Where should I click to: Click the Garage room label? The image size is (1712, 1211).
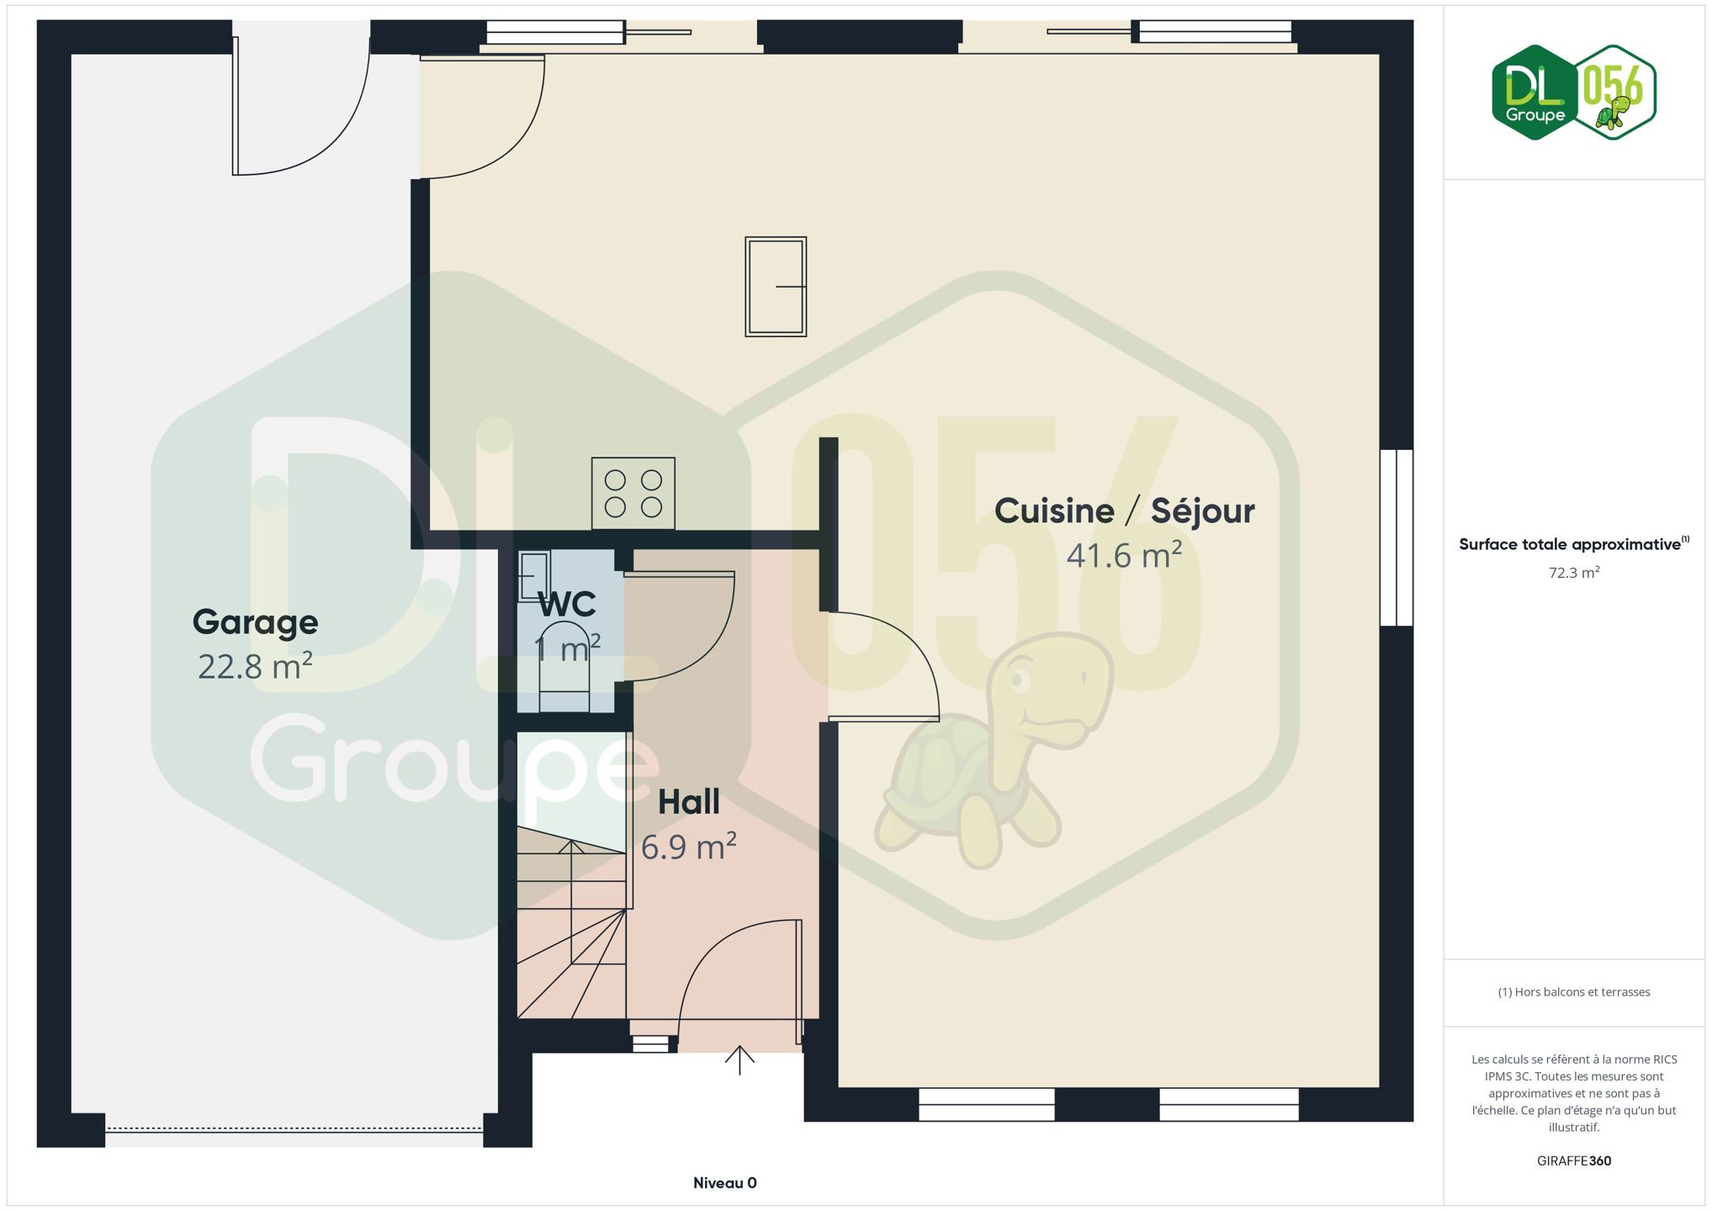(255, 623)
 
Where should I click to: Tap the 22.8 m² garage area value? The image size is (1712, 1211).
(255, 666)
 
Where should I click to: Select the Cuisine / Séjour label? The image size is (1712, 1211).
(1124, 511)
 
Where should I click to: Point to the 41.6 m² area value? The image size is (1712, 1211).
(1124, 555)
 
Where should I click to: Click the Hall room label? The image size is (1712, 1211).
(688, 802)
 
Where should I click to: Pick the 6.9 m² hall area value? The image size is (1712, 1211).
(688, 846)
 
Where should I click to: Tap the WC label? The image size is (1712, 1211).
(567, 604)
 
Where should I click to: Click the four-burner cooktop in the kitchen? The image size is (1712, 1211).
(633, 494)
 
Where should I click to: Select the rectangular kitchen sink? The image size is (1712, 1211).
(776, 287)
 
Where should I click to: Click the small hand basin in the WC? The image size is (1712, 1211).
(533, 575)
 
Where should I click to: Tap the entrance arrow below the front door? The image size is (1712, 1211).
(739, 1060)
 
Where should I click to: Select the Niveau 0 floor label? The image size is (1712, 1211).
(724, 1183)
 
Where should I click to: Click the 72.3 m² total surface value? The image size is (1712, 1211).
(1574, 573)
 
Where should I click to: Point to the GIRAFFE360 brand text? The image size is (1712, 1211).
(1574, 1161)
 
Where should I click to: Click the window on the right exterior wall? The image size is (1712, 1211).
(1397, 537)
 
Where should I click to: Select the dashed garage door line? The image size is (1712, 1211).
(294, 1129)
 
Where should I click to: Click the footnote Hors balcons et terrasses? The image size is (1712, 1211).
(1574, 992)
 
